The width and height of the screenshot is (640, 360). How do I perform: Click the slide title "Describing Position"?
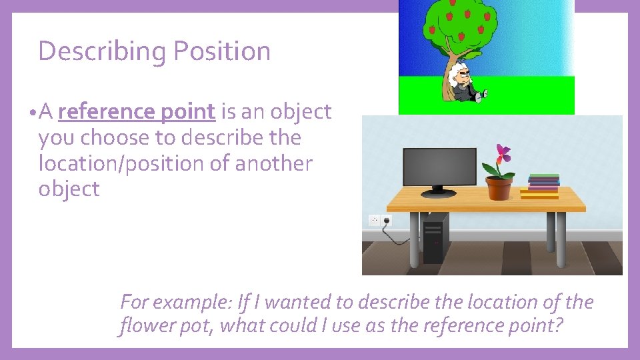(154, 51)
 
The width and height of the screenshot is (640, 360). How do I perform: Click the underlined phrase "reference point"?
(137, 112)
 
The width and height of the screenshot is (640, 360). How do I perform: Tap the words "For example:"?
(175, 303)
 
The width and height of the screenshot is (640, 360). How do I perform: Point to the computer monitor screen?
(439, 166)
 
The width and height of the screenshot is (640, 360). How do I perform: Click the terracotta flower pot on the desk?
(499, 188)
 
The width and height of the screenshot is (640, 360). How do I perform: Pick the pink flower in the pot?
(503, 153)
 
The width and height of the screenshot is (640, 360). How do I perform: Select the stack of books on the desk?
(541, 187)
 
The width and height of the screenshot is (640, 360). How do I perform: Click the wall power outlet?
(380, 220)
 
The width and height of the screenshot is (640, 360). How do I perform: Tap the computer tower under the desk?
(435, 238)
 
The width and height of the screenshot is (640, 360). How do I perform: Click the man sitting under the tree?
(465, 83)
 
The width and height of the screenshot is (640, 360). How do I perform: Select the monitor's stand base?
(439, 193)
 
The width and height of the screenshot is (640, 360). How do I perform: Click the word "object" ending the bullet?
(69, 189)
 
